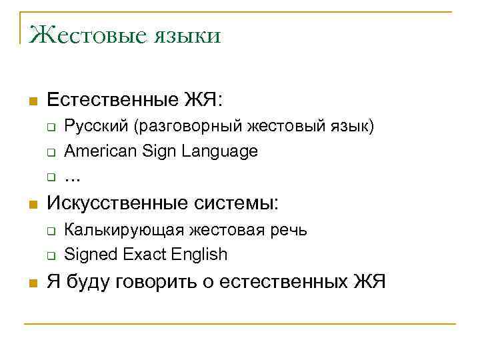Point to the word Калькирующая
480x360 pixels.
pyautogui.click(x=123, y=230)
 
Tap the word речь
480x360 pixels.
pyautogui.click(x=287, y=230)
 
